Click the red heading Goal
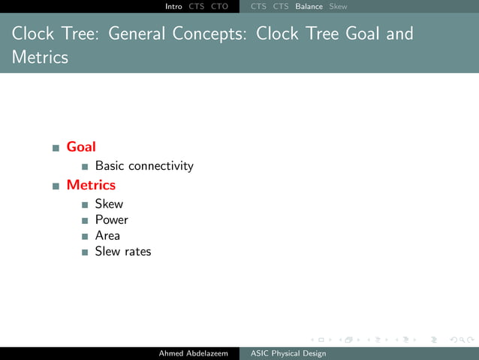(x=81, y=147)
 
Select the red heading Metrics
(x=91, y=185)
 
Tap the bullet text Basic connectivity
(x=144, y=166)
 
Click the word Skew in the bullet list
(x=109, y=204)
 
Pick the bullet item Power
(x=111, y=220)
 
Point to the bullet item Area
(x=107, y=236)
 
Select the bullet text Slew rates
(x=123, y=252)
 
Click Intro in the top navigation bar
(x=173, y=6)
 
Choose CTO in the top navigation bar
(x=219, y=6)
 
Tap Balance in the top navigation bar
(x=309, y=6)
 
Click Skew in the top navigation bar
(x=338, y=6)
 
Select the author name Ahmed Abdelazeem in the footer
(x=193, y=353)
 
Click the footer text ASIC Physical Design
(x=288, y=353)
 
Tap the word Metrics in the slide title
(x=40, y=57)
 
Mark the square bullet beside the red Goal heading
(x=56, y=148)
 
